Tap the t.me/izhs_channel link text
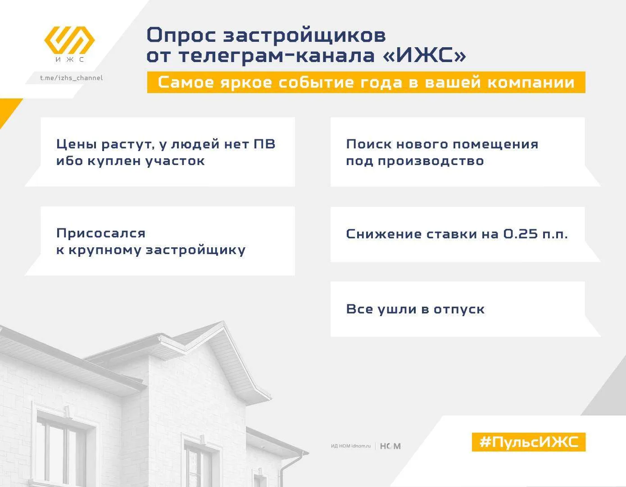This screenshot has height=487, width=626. tap(71, 78)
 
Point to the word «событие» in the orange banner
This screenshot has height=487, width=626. tap(316, 83)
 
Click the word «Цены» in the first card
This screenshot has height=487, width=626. tap(77, 144)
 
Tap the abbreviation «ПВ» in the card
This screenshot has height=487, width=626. tap(264, 144)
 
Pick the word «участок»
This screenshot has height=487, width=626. tap(175, 161)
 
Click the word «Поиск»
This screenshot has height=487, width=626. tap(369, 144)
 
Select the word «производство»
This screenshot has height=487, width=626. tap(431, 161)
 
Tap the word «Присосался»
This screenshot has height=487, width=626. tap(101, 233)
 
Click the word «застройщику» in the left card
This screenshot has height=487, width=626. tap(195, 250)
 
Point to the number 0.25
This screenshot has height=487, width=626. tap(521, 233)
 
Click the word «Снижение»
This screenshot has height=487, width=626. tap(383, 234)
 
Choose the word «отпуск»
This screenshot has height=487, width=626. tap(459, 310)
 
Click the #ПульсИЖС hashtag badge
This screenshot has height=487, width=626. tap(529, 442)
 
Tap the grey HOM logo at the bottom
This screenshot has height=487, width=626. tap(390, 446)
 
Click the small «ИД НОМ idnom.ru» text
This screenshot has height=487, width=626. tap(351, 446)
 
